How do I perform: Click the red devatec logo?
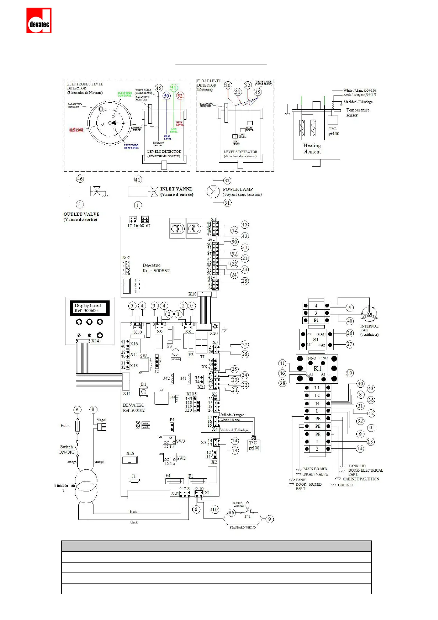[x=39, y=21]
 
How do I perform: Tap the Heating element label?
[x=312, y=148]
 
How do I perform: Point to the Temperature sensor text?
[x=357, y=112]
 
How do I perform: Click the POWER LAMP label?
[x=238, y=189]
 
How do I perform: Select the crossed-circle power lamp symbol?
[x=213, y=191]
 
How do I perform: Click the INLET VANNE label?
[x=176, y=189]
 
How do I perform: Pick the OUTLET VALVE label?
[x=81, y=214]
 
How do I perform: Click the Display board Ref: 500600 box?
[x=90, y=308]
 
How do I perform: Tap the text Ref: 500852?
[x=156, y=271]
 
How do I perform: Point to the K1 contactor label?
[x=317, y=369]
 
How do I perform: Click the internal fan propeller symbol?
[x=369, y=314]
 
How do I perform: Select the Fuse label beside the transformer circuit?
[x=65, y=426]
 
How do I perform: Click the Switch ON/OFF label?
[x=66, y=449]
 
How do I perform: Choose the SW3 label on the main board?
[x=181, y=441]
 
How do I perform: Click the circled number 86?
[x=231, y=512]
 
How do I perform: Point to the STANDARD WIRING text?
[x=242, y=528]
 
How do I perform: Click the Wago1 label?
[x=102, y=420]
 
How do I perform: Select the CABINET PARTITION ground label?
[x=361, y=479]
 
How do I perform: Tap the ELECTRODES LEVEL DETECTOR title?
[x=85, y=86]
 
